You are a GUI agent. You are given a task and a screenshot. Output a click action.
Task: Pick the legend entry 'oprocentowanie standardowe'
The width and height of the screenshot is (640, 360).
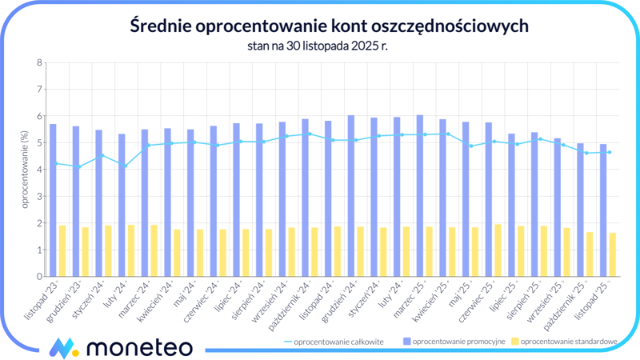(x=568, y=342)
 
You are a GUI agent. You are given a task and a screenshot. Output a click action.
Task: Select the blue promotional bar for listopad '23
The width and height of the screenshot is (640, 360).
(x=53, y=200)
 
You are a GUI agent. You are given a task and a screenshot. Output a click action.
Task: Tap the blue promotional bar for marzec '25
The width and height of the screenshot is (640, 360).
(x=419, y=196)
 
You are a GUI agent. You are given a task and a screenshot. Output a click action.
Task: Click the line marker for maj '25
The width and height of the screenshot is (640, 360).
(x=470, y=146)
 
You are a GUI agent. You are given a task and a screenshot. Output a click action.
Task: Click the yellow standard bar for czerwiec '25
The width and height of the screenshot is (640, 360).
(x=498, y=250)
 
